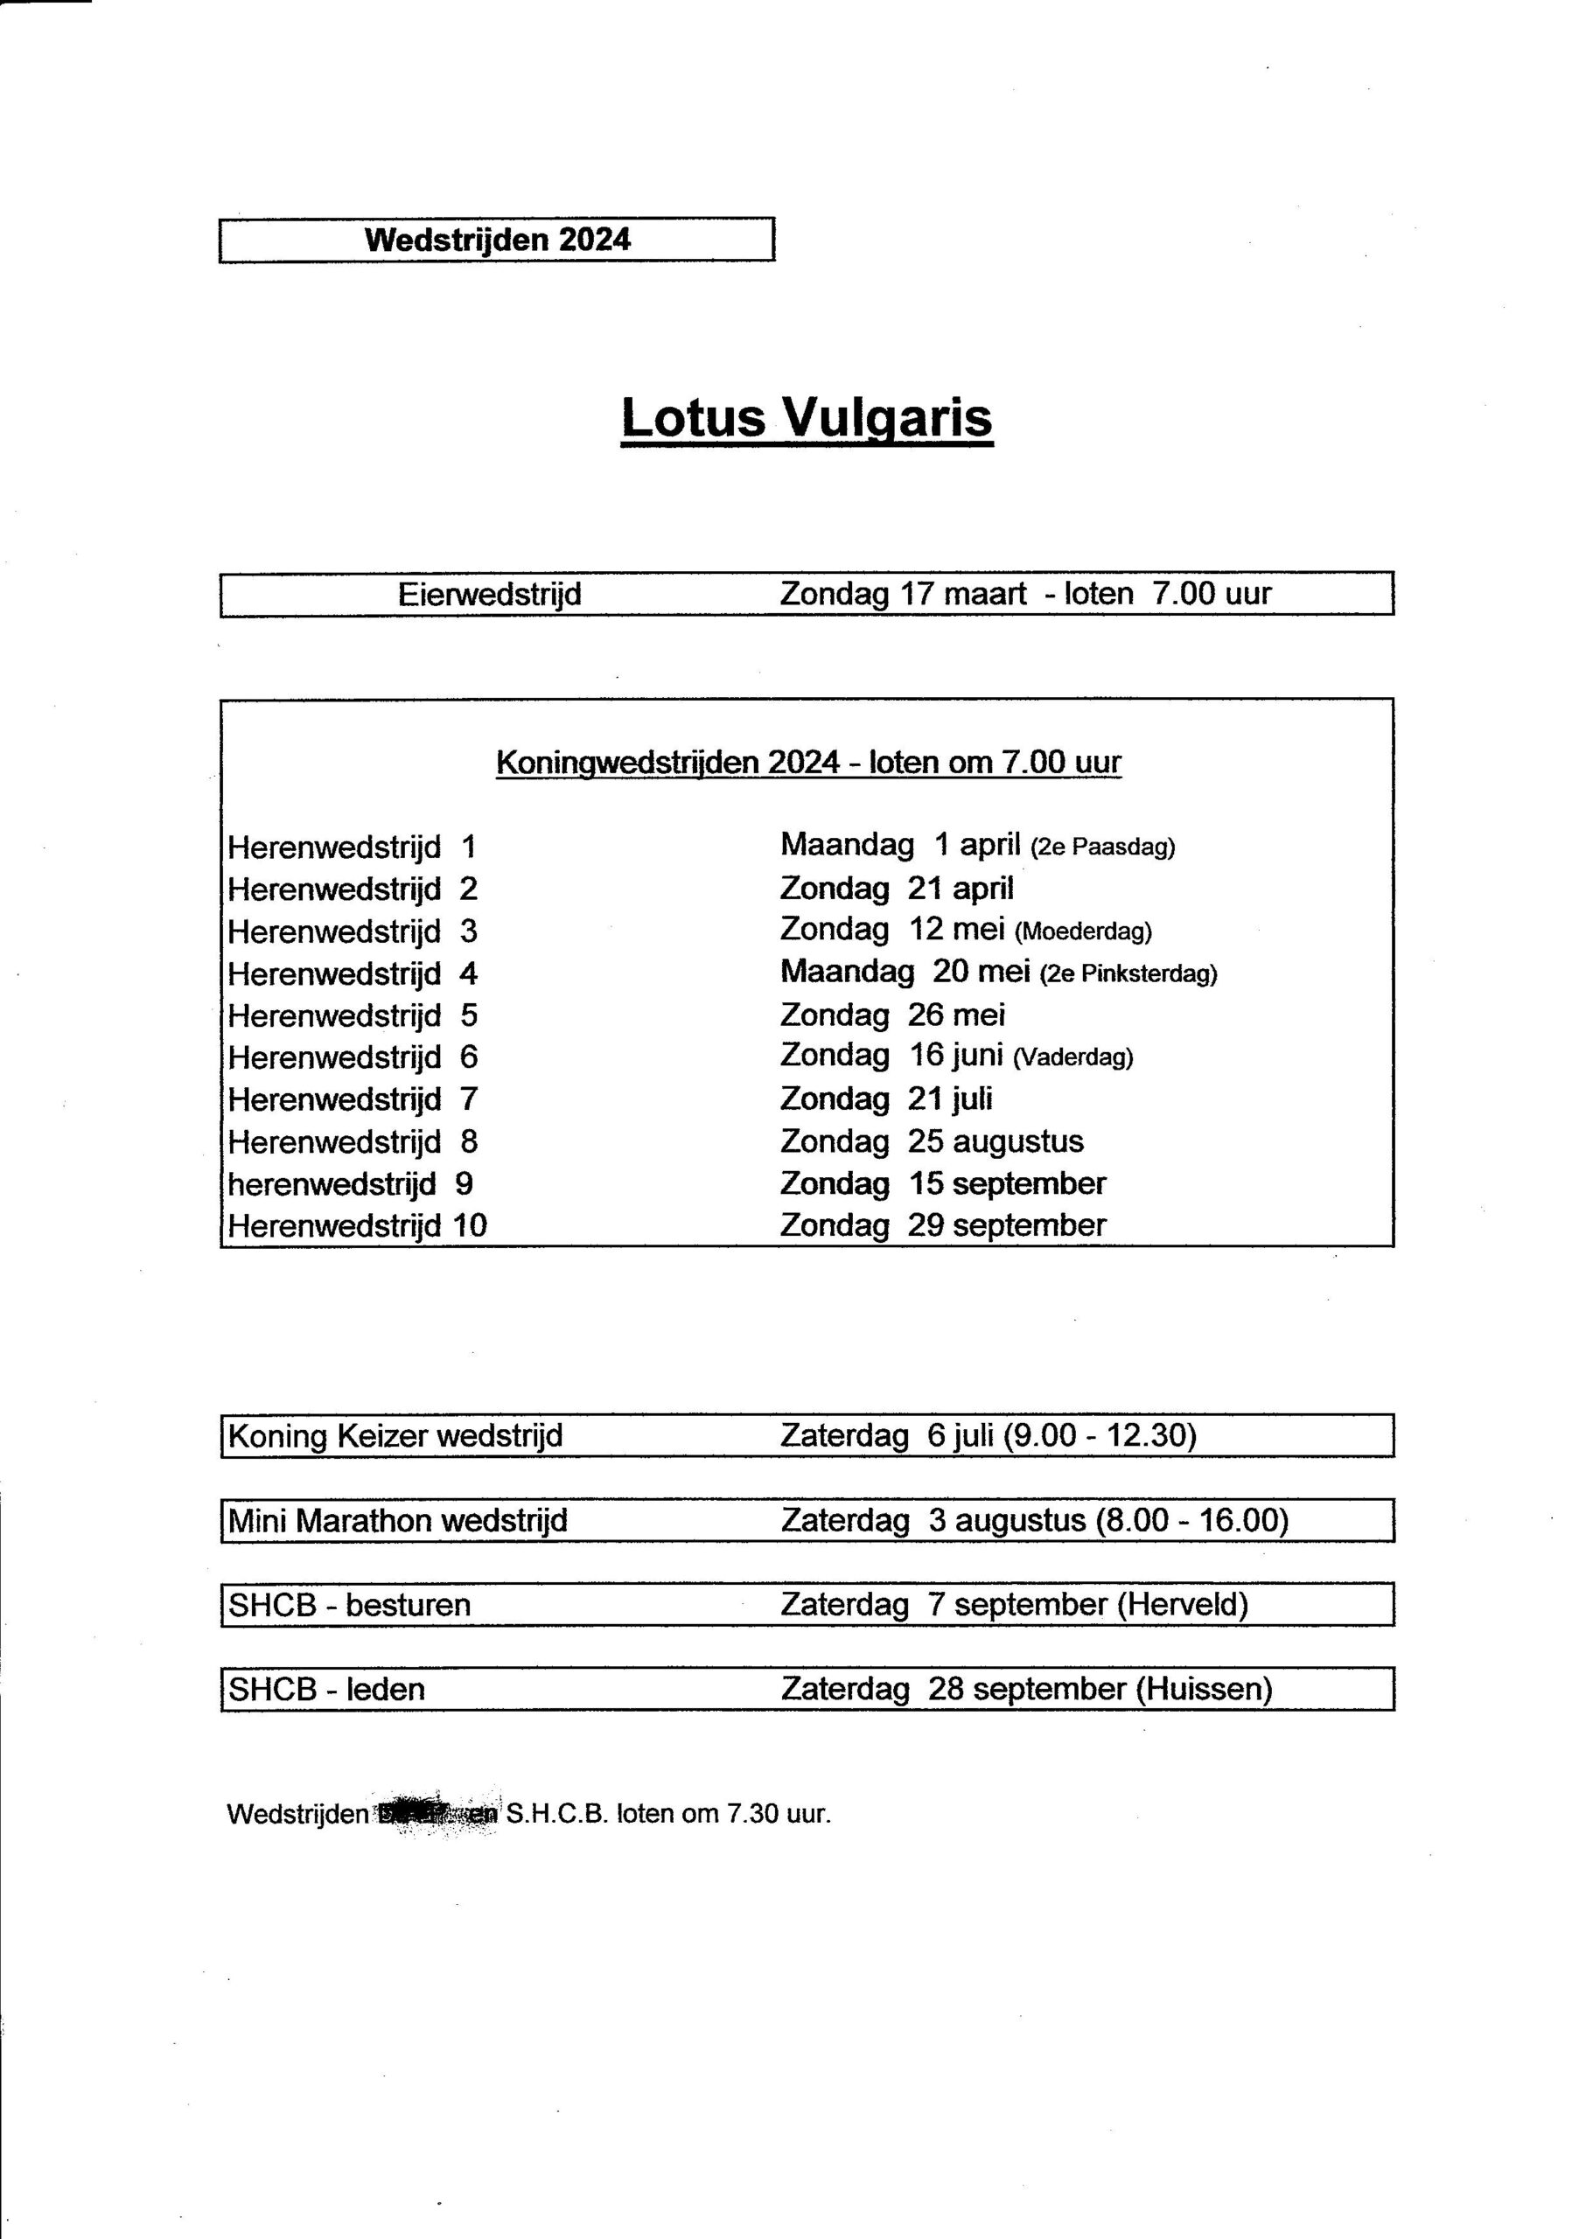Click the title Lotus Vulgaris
pos(807,418)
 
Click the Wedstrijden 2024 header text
pos(498,240)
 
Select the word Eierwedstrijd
pos(490,595)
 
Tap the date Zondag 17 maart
pos(903,594)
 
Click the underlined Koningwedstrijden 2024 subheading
pos(808,762)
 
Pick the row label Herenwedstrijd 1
pos(351,847)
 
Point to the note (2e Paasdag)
pos(1103,847)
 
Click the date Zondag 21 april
pos(897,889)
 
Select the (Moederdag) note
pos(1084,931)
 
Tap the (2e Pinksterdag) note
pos(1128,973)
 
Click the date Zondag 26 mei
pos(892,1015)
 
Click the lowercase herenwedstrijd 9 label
pos(350,1184)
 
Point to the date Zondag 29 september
pos(943,1226)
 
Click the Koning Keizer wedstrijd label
pos(395,1435)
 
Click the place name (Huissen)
pos(1205,1689)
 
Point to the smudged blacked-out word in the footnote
pos(437,1814)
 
